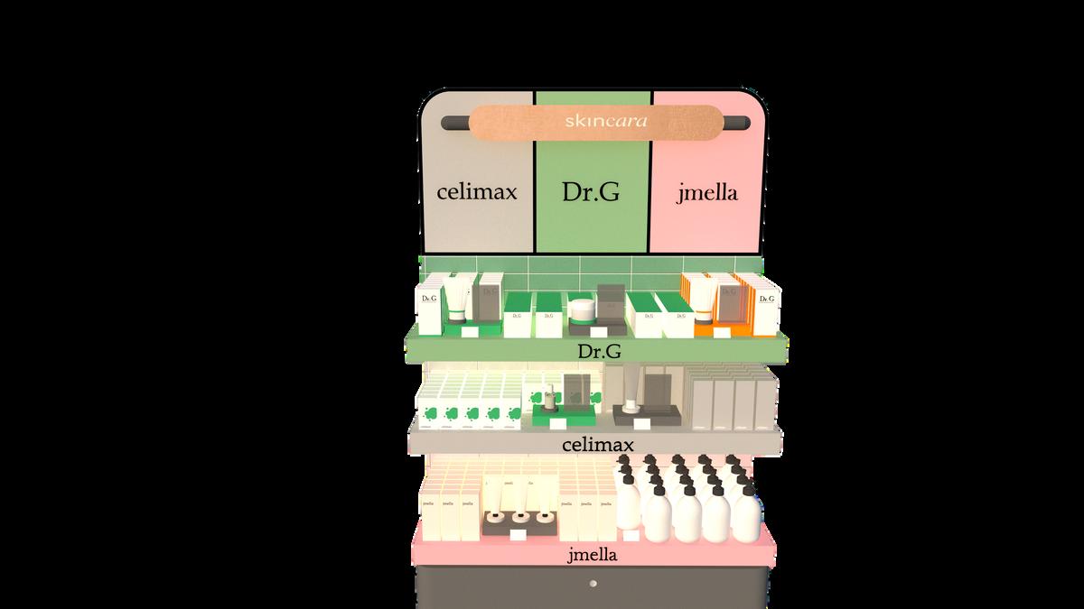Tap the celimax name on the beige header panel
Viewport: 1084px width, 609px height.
point(476,193)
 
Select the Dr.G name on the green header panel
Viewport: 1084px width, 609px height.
point(592,193)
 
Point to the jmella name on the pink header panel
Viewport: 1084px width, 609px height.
point(707,193)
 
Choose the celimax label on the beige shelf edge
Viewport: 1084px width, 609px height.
point(597,445)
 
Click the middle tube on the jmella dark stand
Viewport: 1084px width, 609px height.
point(521,518)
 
